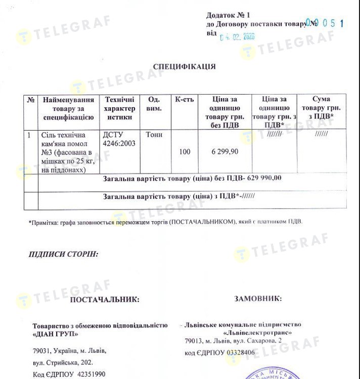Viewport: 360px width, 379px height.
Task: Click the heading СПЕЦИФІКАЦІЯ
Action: pos(184,66)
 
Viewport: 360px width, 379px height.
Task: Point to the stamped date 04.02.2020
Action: pos(237,36)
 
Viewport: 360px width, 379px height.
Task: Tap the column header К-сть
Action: pos(184,100)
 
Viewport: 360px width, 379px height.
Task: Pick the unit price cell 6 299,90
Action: pos(224,152)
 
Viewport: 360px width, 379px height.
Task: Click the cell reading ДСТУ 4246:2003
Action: pos(119,139)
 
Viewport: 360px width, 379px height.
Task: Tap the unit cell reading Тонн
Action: pos(154,135)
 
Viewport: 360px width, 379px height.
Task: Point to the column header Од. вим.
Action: pos(154,104)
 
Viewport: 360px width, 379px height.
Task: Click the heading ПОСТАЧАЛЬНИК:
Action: pos(104,300)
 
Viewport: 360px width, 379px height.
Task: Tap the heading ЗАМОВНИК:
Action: pos(258,299)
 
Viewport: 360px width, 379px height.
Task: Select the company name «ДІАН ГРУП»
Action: pos(56,333)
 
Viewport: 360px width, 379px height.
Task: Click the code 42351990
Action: pos(88,374)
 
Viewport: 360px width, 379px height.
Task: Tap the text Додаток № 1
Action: pos(228,15)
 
